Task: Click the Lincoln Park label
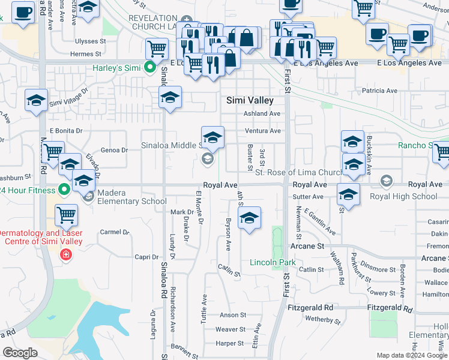coord(273,263)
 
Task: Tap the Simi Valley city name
coord(250,101)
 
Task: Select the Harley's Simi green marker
coord(150,68)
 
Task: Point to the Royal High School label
coord(403,196)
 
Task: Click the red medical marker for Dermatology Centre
coord(65,255)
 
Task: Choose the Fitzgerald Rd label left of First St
coord(310,307)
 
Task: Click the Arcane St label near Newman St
coord(307,246)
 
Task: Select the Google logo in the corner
coord(20,353)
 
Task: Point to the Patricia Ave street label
coord(379,91)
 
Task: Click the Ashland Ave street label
coord(262,113)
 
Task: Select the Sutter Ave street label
coord(309,196)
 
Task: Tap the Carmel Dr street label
coord(115,232)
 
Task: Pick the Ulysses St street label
coord(90,41)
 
